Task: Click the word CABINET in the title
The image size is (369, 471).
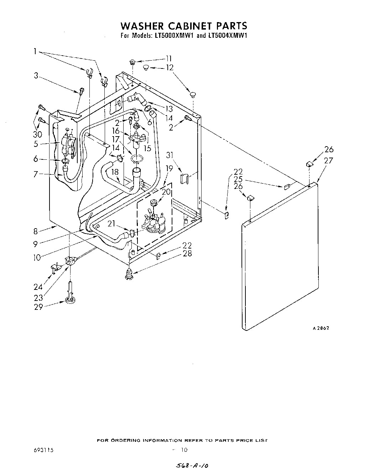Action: [x=185, y=26]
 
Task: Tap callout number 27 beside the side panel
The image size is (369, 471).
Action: [x=328, y=160]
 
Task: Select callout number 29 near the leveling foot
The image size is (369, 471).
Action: [x=38, y=307]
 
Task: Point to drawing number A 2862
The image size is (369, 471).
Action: [x=321, y=328]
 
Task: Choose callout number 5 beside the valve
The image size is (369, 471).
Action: [x=36, y=144]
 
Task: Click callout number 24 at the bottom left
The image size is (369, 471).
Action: [x=38, y=286]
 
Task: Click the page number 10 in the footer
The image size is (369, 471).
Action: [x=184, y=450]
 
